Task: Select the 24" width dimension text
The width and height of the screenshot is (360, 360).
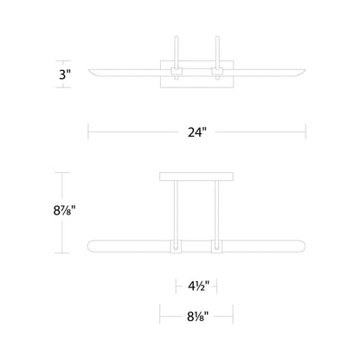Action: click(x=198, y=132)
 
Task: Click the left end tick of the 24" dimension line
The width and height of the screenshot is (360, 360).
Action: click(x=88, y=132)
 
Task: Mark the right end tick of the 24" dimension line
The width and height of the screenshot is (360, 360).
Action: click(x=308, y=132)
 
